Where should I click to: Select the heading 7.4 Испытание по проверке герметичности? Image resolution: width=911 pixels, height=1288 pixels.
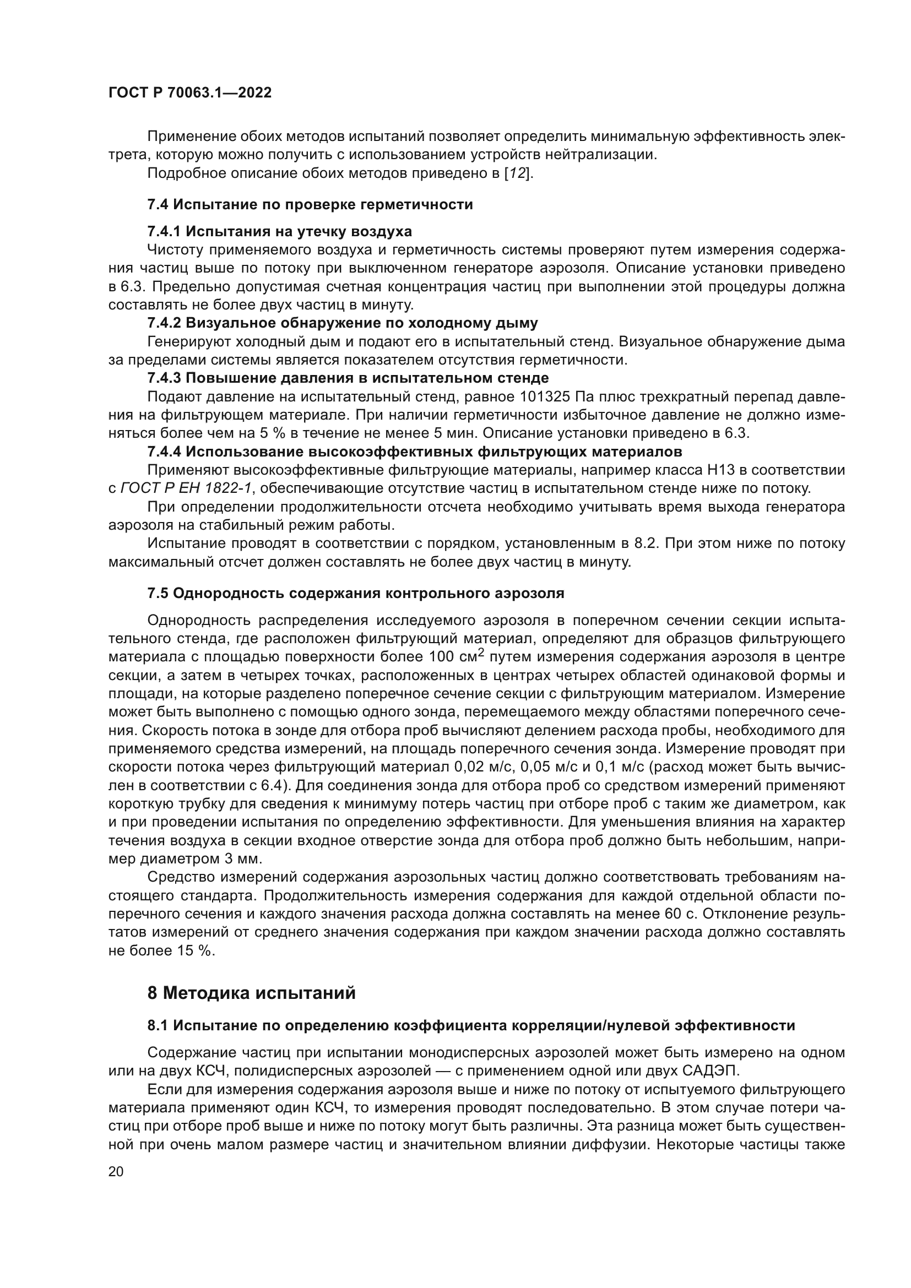(310, 205)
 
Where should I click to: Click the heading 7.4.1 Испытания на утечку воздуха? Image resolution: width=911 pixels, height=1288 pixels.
(279, 231)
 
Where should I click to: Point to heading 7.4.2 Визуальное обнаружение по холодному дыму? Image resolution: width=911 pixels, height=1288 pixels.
(342, 323)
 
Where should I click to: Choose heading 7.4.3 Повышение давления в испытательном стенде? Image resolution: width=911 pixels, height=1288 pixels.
(348, 378)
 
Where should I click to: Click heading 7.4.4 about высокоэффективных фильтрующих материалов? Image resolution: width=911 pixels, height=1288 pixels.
(415, 452)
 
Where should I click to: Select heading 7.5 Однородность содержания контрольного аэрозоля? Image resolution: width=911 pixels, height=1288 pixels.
(356, 593)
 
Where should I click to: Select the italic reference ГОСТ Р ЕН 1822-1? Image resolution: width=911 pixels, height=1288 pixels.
(186, 488)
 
